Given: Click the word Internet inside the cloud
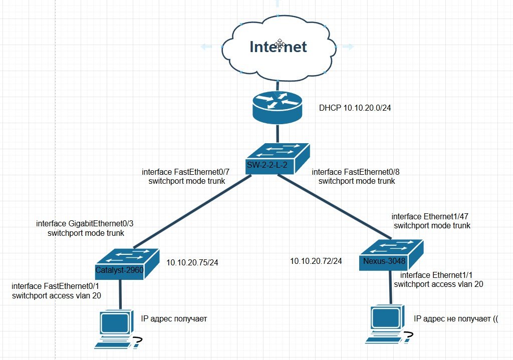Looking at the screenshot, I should pyautogui.click(x=278, y=47).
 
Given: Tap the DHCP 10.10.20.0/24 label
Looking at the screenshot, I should pyautogui.click(x=354, y=108).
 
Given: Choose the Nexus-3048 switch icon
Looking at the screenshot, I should pyautogui.click(x=391, y=254).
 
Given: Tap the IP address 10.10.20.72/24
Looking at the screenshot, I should pyautogui.click(x=316, y=261).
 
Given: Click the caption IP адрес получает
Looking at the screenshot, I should pyautogui.click(x=174, y=318).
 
